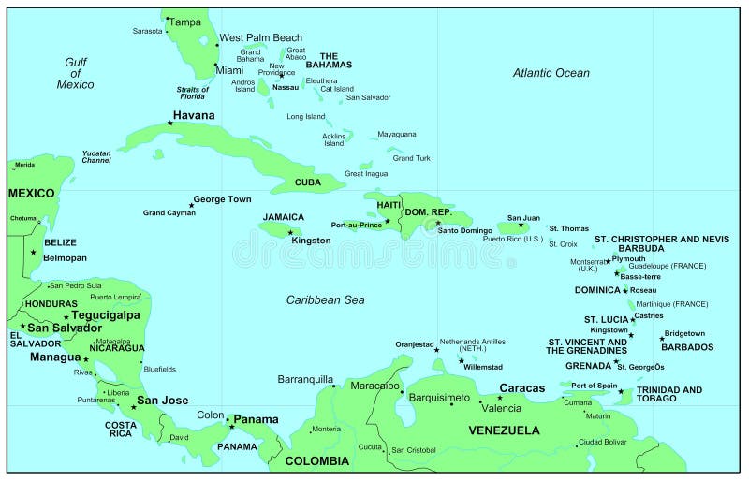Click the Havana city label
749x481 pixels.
[x=194, y=115]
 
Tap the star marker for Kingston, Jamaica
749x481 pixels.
[x=291, y=231]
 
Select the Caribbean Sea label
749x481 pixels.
[x=325, y=299]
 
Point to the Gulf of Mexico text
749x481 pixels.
[x=75, y=73]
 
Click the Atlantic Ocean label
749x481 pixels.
[x=551, y=73]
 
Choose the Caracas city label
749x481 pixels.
[x=521, y=387]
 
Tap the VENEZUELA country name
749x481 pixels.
[x=504, y=430]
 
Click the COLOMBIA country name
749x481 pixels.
[x=316, y=460]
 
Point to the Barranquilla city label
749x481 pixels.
[x=305, y=379]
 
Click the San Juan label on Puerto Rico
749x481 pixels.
[x=523, y=217]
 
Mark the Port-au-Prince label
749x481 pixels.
[x=357, y=225]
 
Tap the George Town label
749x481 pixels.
[x=222, y=199]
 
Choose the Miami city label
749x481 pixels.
[x=229, y=70]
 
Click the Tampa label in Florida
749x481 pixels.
[x=185, y=22]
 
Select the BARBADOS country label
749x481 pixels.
[x=686, y=347]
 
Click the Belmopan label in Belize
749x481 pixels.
[x=65, y=257]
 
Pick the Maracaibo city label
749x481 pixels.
[x=374, y=386]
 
